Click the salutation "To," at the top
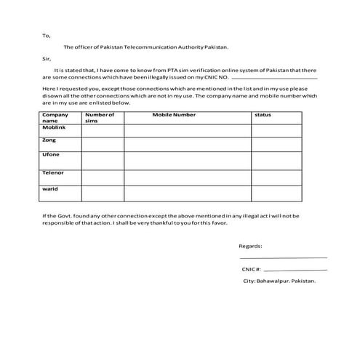click(47, 35)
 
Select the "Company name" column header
click(55, 118)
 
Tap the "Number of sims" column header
click(100, 118)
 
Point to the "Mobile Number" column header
click(174, 115)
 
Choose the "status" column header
click(263, 115)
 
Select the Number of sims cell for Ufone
click(103, 160)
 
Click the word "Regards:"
click(251, 246)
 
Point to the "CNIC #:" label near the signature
click(252, 269)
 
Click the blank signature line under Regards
click(283, 257)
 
